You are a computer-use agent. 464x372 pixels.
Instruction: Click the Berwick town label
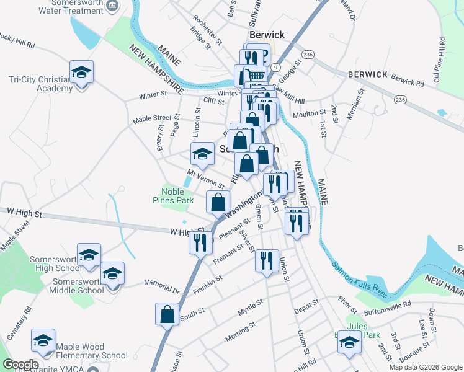[x=267, y=35]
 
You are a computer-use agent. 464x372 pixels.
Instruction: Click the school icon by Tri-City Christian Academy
[x=82, y=73]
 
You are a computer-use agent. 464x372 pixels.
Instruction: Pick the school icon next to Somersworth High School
[x=89, y=255]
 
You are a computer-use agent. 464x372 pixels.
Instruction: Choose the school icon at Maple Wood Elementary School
[x=43, y=340]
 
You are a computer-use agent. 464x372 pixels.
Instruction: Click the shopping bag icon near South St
[x=167, y=314]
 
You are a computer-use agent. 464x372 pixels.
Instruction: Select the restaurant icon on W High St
[x=200, y=242]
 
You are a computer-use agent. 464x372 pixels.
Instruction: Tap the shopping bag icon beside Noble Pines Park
[x=218, y=202]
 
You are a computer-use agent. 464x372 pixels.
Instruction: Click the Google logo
[x=20, y=365]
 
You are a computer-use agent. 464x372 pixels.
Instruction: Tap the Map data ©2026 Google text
[x=426, y=367]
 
